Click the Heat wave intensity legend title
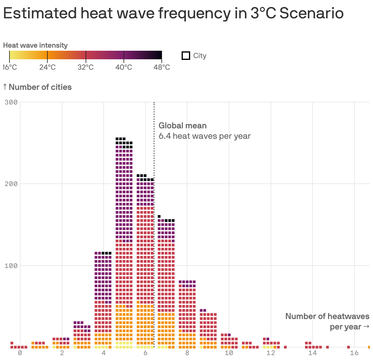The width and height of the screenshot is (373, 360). (x=35, y=46)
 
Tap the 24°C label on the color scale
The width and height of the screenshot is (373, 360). (x=47, y=67)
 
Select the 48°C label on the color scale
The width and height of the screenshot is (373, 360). (x=162, y=67)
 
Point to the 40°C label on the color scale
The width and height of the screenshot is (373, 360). (x=124, y=67)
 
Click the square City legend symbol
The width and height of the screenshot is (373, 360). (x=186, y=56)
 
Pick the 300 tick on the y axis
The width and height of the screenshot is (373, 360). (x=11, y=102)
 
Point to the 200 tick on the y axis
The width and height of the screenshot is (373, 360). (x=11, y=184)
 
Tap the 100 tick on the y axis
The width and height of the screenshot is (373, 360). (x=11, y=266)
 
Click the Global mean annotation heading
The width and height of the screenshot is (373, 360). (x=183, y=126)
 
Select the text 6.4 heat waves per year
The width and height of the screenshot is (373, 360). (x=204, y=136)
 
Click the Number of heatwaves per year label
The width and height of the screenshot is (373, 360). (x=327, y=321)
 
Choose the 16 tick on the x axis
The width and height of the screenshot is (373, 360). (x=354, y=353)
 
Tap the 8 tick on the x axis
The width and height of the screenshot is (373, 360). (x=187, y=353)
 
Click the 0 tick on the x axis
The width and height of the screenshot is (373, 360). (x=20, y=353)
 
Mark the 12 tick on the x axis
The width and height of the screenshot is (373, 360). (x=271, y=353)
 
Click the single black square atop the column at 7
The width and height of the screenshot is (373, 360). (x=159, y=216)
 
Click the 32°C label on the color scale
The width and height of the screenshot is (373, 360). (x=86, y=67)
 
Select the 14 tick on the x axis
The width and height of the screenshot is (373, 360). (x=312, y=353)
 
